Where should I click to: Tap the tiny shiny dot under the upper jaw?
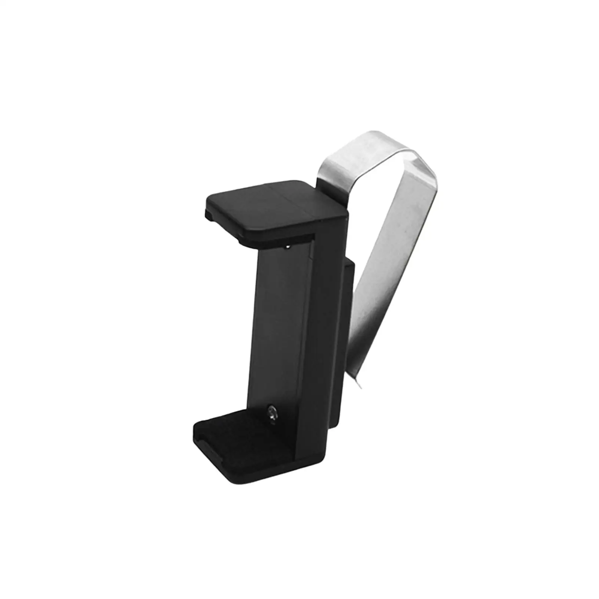click(287, 247)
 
